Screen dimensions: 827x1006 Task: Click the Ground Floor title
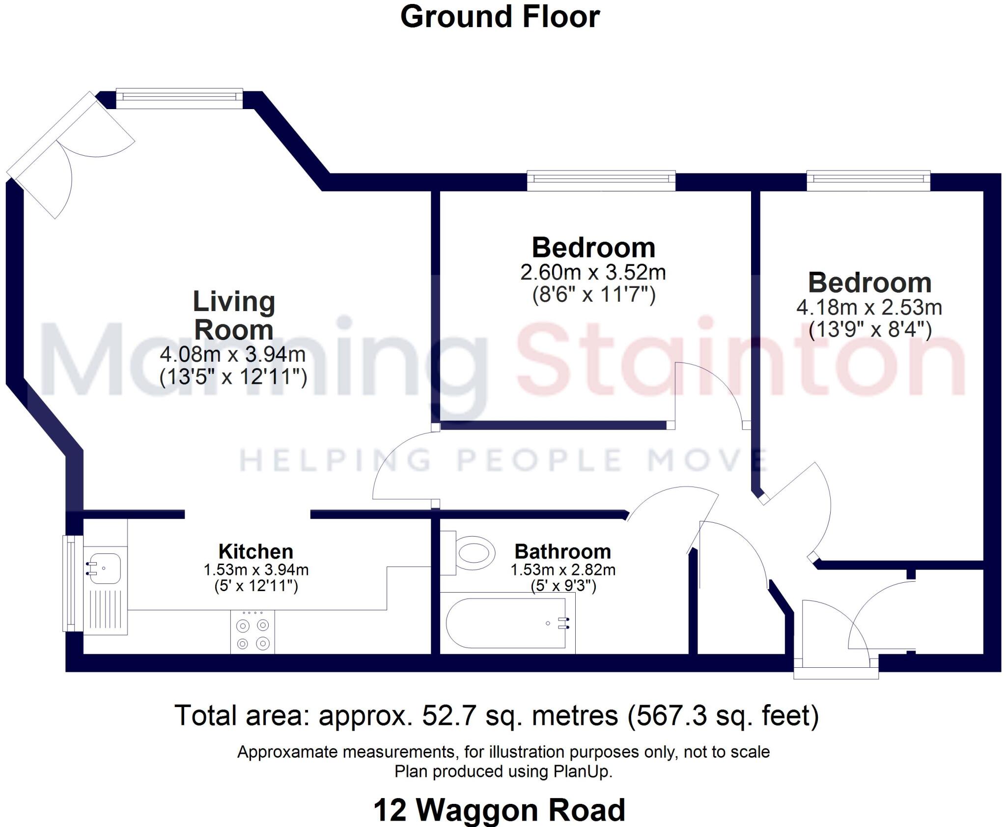[x=500, y=17]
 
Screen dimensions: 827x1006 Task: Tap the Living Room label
[x=234, y=315]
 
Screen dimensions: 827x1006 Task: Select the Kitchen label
[x=255, y=551]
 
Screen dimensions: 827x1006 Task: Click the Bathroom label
[x=562, y=551]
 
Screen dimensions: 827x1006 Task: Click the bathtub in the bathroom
[x=506, y=623]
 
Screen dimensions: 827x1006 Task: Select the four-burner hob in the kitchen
[x=252, y=633]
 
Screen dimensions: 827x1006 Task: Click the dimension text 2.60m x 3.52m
[x=593, y=272]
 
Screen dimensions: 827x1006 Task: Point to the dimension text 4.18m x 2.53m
[x=869, y=308]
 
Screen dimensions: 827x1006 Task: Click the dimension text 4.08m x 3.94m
[x=233, y=354]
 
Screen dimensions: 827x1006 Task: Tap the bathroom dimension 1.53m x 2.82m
[x=563, y=570]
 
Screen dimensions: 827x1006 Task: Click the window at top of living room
[x=179, y=98]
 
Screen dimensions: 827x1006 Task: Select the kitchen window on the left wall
[x=68, y=583]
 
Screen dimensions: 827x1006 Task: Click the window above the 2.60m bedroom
[x=601, y=180]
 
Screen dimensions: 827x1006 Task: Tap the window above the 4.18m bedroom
[x=868, y=180]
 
